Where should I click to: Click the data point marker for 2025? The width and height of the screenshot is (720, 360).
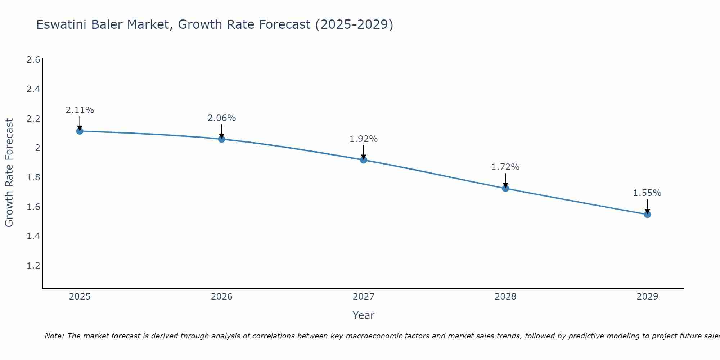[80, 131]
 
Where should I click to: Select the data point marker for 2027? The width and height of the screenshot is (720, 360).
[364, 160]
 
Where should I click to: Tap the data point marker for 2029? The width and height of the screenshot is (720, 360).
[647, 215]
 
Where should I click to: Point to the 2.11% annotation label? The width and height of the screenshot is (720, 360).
[80, 110]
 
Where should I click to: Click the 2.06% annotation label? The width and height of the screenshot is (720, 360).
[222, 118]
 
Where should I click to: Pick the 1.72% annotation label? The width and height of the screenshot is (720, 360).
[505, 167]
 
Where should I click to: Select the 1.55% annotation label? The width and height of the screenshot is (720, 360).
[647, 193]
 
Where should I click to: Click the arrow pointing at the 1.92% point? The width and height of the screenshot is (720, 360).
[364, 152]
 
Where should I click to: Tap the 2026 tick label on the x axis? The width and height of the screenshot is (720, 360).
[222, 297]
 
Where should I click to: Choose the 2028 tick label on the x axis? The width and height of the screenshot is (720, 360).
[505, 297]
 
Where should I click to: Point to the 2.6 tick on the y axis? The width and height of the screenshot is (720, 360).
[33, 60]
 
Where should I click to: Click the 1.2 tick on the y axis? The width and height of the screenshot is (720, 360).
[33, 266]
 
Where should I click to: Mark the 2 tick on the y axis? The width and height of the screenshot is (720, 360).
[37, 148]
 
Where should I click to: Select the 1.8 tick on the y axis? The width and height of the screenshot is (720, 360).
[33, 177]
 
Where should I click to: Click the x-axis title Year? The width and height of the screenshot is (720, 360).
[364, 315]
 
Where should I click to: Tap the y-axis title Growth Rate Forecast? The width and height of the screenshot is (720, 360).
[9, 173]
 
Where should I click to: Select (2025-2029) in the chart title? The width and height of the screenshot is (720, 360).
[354, 25]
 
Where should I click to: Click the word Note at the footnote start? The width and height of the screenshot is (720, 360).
[54, 336]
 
